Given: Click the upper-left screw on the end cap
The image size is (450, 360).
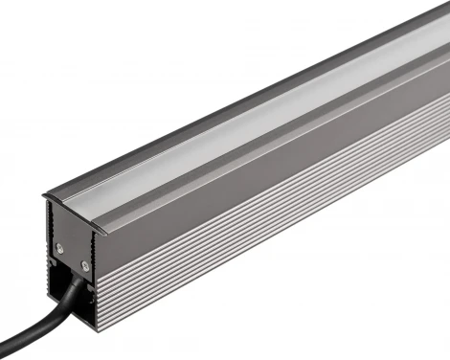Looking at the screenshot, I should (x=59, y=246).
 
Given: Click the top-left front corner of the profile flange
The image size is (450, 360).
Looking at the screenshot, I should (x=42, y=196).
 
